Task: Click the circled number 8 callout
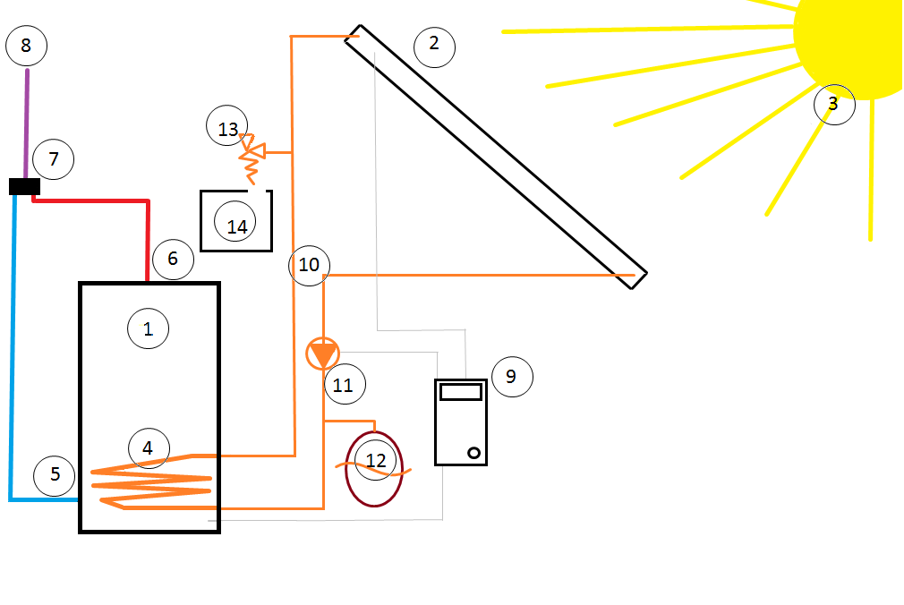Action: pos(26,46)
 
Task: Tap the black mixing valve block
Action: pos(24,186)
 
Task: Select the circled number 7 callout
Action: pos(54,159)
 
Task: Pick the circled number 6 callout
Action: pos(173,260)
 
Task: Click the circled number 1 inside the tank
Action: pos(148,329)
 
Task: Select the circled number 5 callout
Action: pos(55,473)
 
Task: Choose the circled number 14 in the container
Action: pos(236,227)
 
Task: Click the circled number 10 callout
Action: pos(309,265)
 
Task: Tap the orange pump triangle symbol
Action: pos(322,354)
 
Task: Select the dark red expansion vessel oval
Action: pos(374,469)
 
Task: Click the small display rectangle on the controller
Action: pos(461,391)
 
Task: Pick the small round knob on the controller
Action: pos(473,453)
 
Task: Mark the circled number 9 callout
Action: pos(511,376)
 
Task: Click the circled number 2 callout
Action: pos(434,43)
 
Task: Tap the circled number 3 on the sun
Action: pos(833,104)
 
